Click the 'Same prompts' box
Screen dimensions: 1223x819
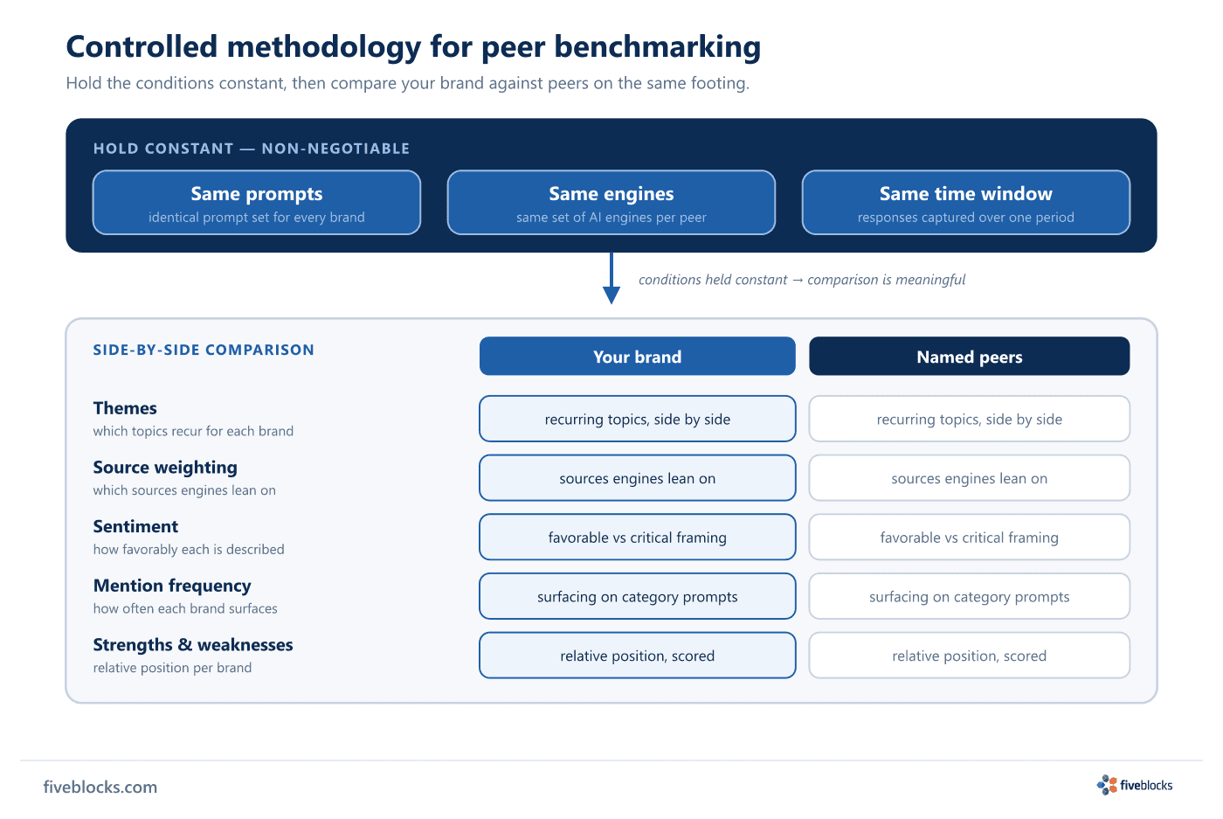click(x=257, y=203)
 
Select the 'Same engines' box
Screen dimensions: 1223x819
click(x=611, y=203)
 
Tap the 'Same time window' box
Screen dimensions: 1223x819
click(x=966, y=203)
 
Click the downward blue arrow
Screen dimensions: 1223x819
click(x=611, y=278)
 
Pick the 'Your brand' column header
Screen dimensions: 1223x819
click(x=637, y=357)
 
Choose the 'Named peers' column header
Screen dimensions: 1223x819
click(x=969, y=357)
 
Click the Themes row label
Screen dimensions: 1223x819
click(x=125, y=408)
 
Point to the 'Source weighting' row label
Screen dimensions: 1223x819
click(x=165, y=467)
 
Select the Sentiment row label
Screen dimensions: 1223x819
click(x=135, y=526)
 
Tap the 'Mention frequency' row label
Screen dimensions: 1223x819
click(x=172, y=586)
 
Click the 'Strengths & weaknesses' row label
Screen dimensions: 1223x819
click(x=193, y=645)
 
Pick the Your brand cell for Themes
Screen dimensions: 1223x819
click(x=637, y=419)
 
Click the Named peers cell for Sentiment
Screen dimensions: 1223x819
click(x=969, y=537)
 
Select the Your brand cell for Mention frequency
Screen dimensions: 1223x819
click(x=637, y=596)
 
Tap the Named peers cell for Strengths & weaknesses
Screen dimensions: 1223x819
click(x=969, y=656)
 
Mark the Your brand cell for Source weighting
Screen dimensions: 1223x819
click(x=637, y=478)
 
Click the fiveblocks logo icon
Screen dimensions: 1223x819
click(x=1107, y=785)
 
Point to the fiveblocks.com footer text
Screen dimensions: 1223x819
click(x=100, y=787)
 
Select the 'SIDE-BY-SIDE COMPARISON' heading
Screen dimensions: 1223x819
click(x=204, y=350)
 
